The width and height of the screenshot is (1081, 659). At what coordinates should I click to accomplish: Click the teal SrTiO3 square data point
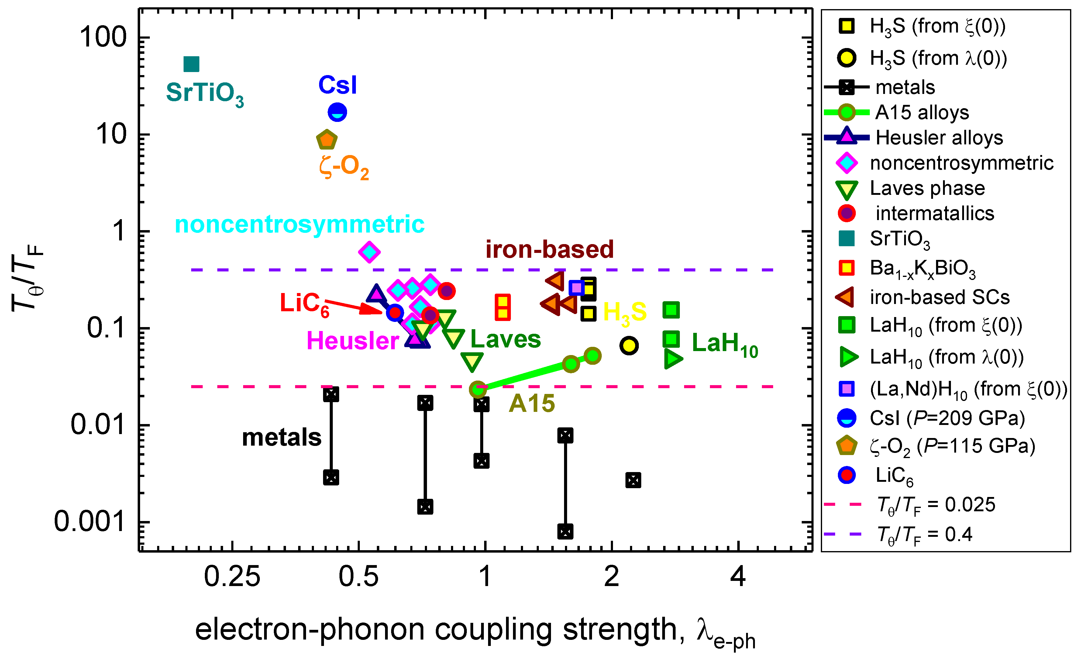[x=191, y=64]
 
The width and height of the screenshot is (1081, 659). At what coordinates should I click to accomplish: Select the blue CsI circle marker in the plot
[x=337, y=112]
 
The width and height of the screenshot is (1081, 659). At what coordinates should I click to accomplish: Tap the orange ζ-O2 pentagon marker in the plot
[x=327, y=140]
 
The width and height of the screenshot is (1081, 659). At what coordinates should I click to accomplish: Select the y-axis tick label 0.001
[x=89, y=522]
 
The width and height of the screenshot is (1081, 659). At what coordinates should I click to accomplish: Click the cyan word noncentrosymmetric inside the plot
[x=300, y=224]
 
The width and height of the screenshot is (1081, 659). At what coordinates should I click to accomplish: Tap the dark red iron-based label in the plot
[x=549, y=249]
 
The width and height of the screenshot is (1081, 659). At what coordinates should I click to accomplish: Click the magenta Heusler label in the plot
[x=353, y=340]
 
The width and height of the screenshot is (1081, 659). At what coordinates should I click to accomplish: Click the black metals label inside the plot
[x=282, y=437]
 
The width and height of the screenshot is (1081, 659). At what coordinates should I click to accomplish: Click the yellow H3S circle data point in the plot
[x=629, y=345]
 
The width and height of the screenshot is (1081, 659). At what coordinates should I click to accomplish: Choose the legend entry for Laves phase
[x=927, y=188]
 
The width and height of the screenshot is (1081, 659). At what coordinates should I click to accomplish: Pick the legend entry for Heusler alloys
[x=939, y=138]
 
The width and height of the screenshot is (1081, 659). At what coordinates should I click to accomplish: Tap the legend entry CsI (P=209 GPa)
[x=947, y=418]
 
